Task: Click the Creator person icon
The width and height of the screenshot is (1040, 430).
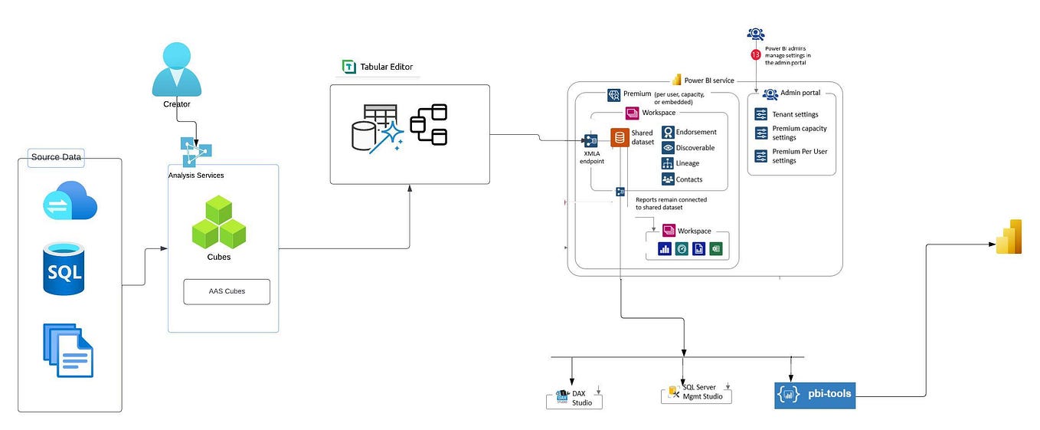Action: click(176, 71)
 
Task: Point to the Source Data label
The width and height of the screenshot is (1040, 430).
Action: click(56, 157)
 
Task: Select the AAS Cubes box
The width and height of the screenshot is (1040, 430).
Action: click(227, 291)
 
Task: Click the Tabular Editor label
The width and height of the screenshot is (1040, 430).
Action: click(386, 67)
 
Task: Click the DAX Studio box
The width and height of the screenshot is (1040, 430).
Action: click(575, 399)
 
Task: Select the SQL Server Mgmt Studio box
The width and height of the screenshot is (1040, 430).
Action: click(696, 393)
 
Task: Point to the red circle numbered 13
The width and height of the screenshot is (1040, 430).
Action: click(756, 54)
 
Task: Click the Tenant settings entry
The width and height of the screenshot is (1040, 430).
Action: click(795, 114)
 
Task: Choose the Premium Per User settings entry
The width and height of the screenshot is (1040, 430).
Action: click(800, 156)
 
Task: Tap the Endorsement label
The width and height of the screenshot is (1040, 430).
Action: click(696, 132)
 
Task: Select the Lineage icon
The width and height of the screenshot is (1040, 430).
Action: click(668, 163)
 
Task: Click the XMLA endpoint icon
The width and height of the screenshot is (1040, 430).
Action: click(590, 141)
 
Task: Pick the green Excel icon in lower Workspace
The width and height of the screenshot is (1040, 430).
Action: click(716, 248)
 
